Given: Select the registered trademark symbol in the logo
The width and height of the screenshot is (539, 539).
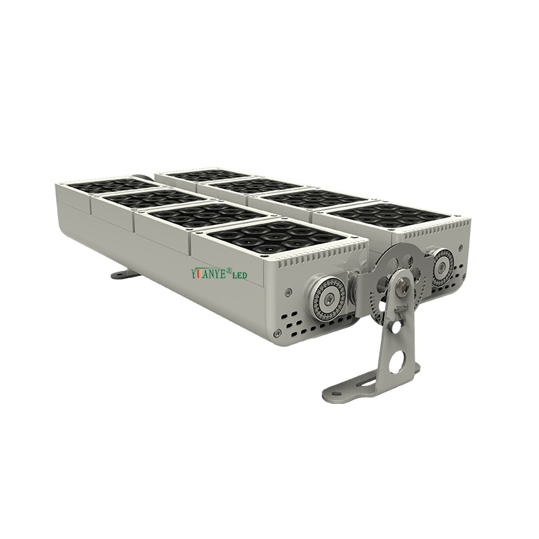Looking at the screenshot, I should [x=229, y=270].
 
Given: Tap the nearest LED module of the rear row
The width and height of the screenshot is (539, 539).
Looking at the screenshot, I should [x=392, y=214].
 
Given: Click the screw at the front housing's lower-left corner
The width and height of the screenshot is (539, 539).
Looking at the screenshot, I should [x=279, y=331].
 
